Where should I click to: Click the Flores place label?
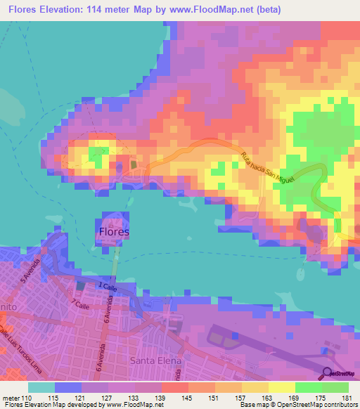tap(114, 231)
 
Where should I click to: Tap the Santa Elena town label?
tap(155, 361)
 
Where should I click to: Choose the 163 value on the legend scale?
tap(268, 398)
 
